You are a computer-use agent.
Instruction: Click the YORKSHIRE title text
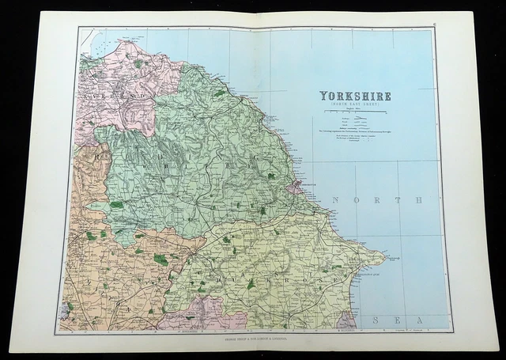coord(355,96)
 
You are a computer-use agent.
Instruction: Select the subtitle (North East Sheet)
coord(355,104)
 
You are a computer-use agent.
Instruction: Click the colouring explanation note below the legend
coord(355,131)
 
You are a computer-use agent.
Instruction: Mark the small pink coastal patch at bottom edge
coord(346,321)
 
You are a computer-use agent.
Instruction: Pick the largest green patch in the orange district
coord(160,259)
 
